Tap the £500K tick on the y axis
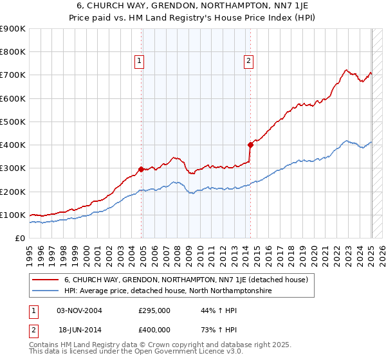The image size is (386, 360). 13,122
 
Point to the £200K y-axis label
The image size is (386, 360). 13,192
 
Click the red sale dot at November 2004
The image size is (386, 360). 142,169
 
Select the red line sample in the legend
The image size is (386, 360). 45,280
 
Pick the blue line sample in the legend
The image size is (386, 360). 45,291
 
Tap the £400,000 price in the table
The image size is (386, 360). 154,328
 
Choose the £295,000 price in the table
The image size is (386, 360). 154,310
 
